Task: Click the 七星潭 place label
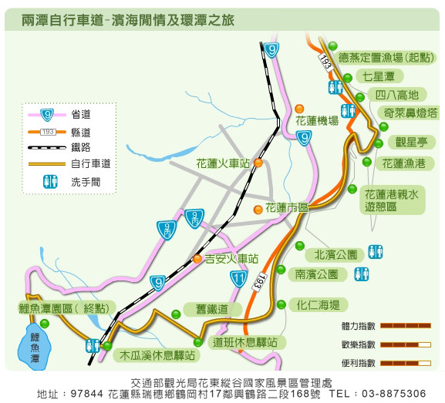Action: (379, 76)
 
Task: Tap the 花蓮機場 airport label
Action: (317, 121)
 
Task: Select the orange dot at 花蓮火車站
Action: (258, 163)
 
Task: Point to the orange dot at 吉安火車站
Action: (197, 259)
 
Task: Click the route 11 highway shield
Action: (238, 279)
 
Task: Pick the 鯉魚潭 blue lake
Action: (35, 348)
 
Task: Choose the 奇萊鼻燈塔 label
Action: (410, 113)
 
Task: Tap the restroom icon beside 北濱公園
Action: (376, 252)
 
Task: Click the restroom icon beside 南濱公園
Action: (361, 274)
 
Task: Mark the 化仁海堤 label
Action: (319, 305)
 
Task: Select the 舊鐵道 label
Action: (212, 309)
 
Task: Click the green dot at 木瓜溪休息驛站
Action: (107, 346)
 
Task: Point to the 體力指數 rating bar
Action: (406, 326)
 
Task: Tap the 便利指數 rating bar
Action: (406, 363)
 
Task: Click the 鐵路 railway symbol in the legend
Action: (47, 147)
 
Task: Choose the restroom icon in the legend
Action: (51, 182)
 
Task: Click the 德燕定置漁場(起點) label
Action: (386, 58)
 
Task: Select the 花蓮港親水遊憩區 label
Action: (392, 200)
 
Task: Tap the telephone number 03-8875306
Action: (394, 394)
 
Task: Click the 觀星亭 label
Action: (412, 142)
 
